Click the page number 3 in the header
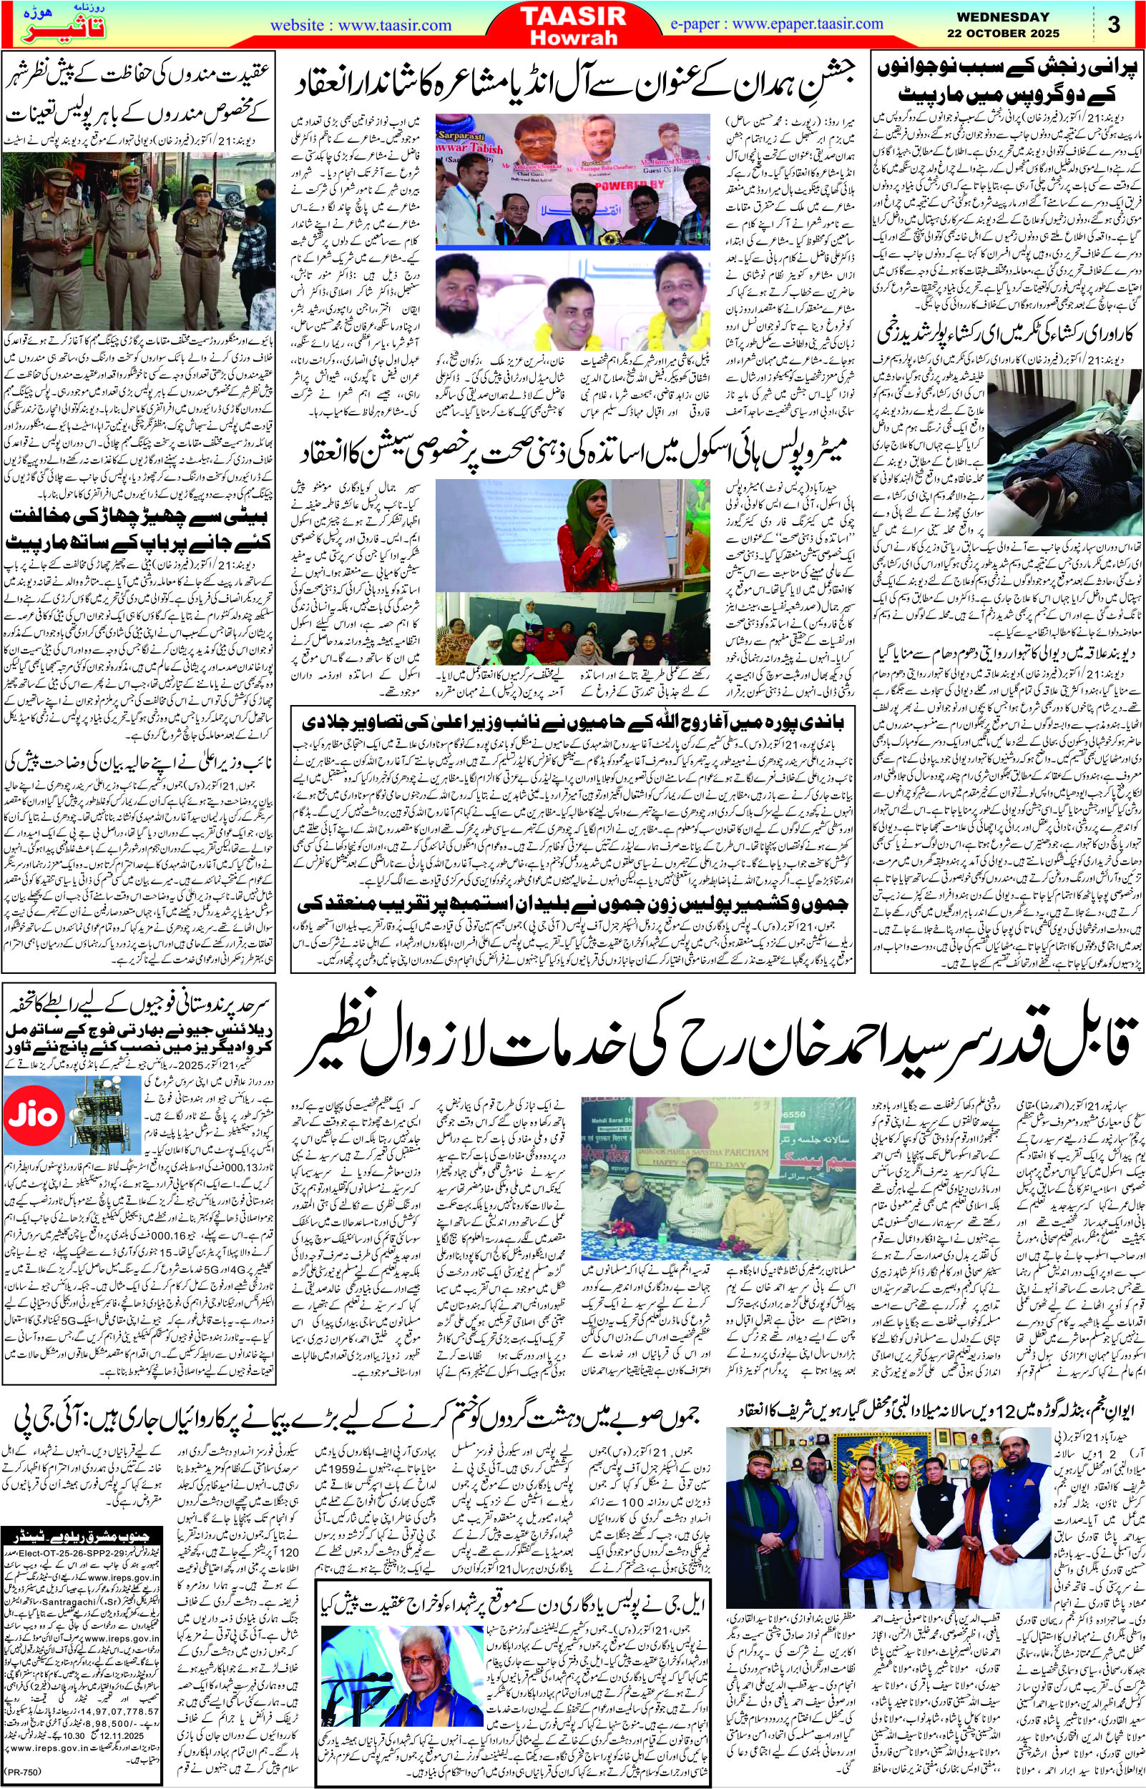tap(1113, 24)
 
